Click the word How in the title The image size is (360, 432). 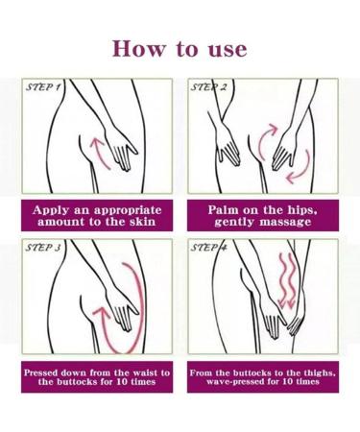pos(139,49)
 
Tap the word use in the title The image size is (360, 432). pos(228,50)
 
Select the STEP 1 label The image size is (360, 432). pos(43,87)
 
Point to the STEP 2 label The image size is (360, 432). pos(208,87)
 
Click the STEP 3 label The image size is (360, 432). pos(43,248)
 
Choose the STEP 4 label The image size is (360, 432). pos(208,248)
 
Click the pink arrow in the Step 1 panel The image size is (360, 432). pos(98,151)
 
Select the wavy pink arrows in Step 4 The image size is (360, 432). pos(287,281)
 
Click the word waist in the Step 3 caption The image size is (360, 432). pos(148,372)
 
